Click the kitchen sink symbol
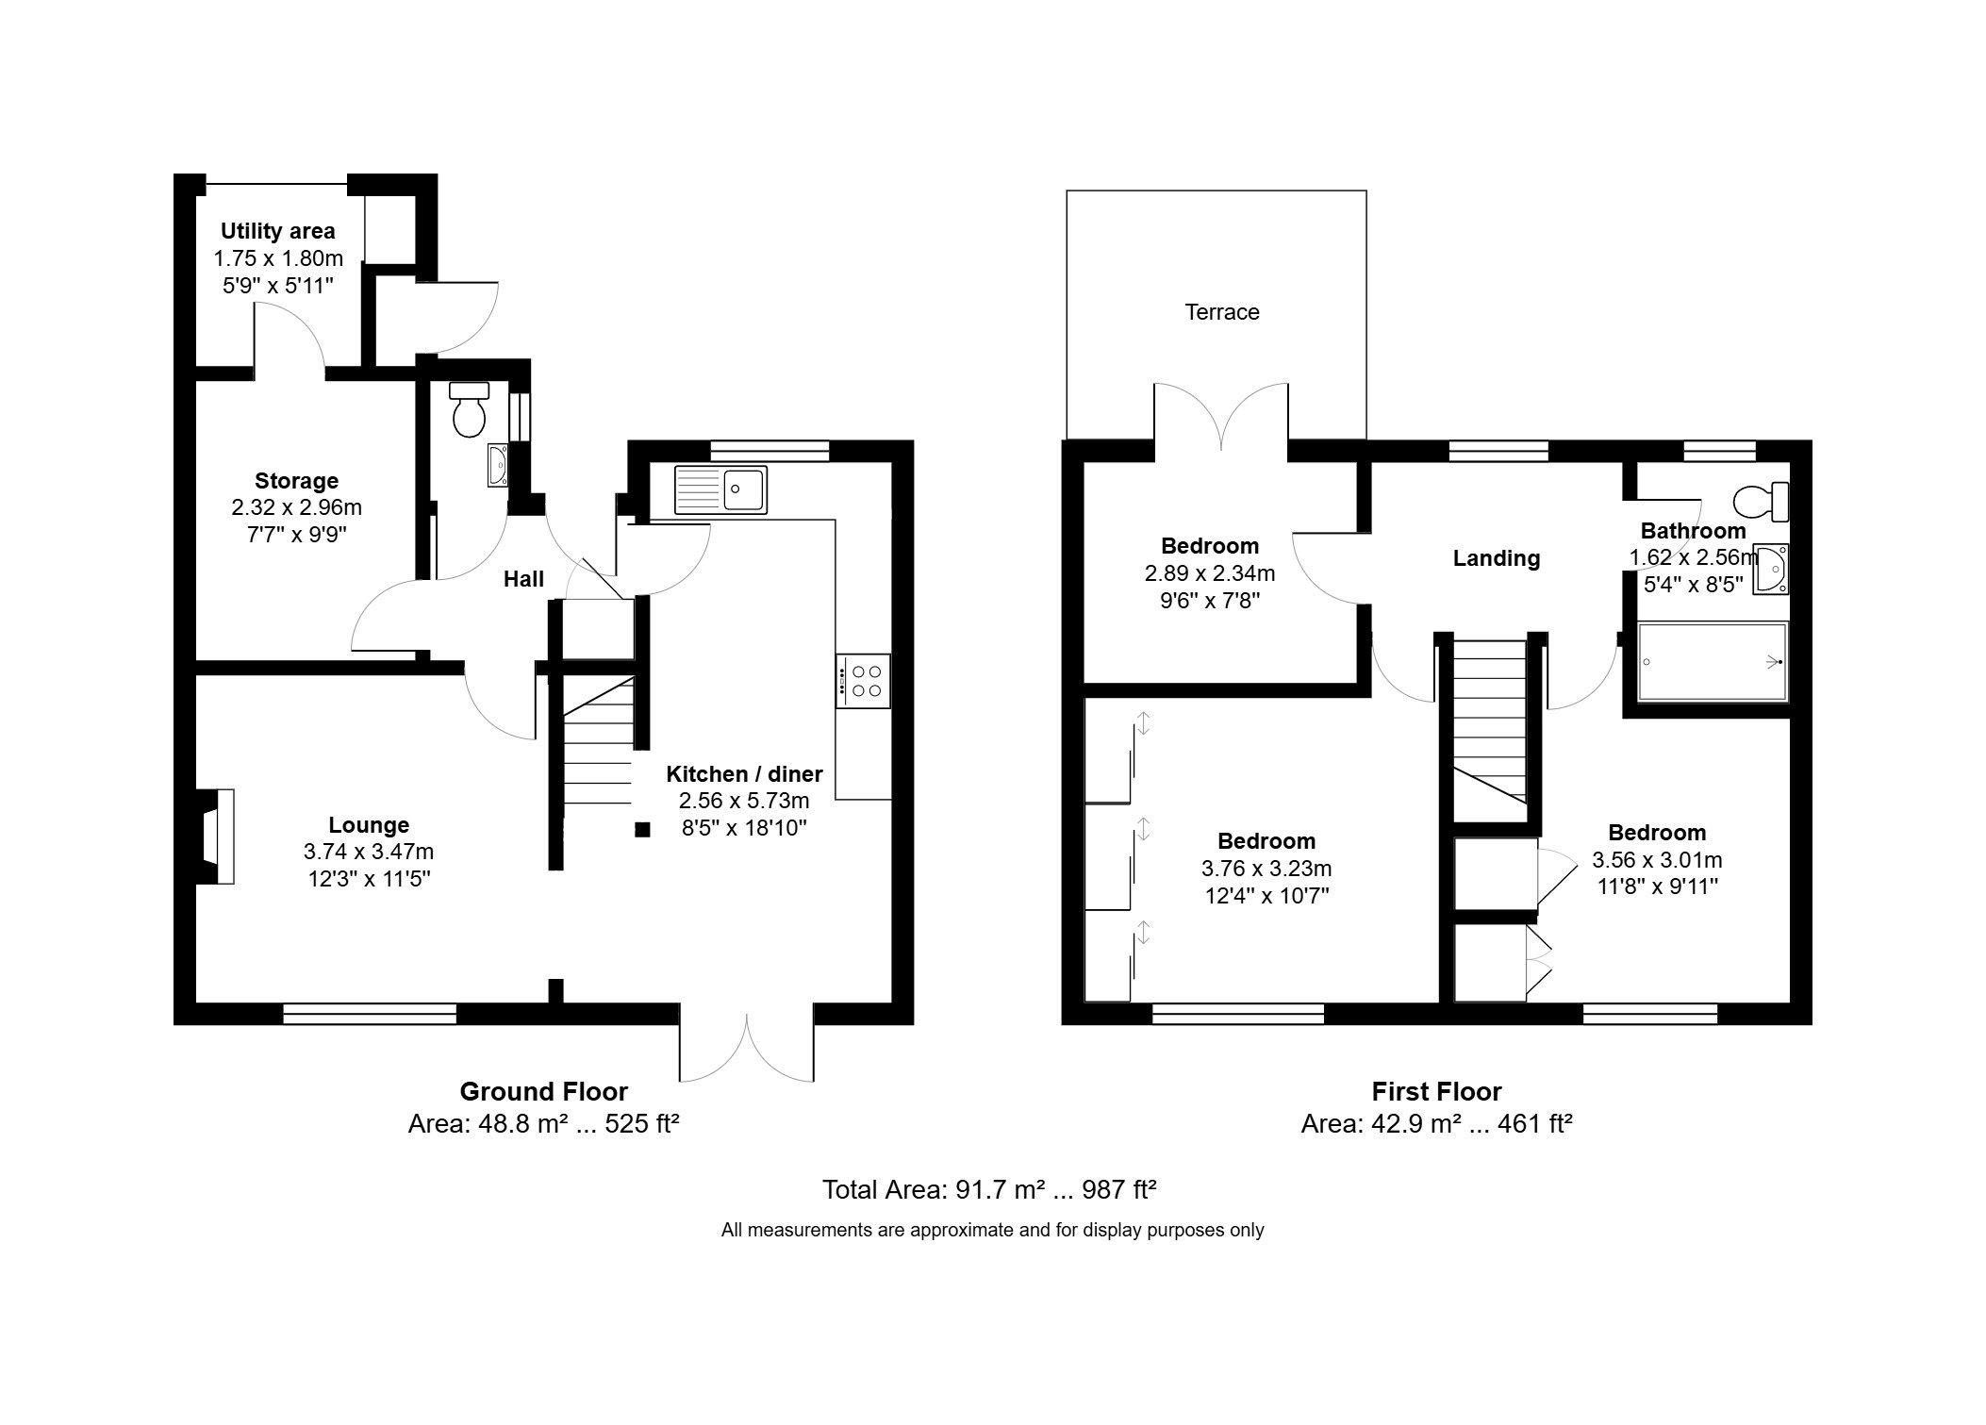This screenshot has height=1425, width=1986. [720, 489]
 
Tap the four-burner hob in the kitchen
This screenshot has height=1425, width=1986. [863, 681]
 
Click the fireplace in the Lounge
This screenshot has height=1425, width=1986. [218, 837]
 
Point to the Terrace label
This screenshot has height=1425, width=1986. [1221, 312]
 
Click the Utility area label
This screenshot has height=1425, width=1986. [277, 231]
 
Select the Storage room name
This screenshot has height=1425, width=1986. [296, 481]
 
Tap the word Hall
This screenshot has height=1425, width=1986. [523, 579]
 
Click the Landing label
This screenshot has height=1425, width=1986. [1496, 558]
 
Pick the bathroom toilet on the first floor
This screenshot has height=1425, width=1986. [1762, 501]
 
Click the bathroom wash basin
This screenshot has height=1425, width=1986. [1770, 570]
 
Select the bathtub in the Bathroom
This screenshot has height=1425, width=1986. [1713, 662]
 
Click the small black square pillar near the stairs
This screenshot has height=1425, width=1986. [642, 830]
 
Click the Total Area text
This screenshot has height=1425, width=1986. [989, 1189]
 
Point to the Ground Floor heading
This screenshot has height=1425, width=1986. [543, 1092]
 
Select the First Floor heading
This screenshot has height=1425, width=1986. [1435, 1092]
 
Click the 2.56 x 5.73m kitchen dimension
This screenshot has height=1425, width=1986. [743, 802]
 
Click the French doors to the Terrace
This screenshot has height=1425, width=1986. [1221, 415]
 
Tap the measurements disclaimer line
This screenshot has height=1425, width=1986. [992, 1230]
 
